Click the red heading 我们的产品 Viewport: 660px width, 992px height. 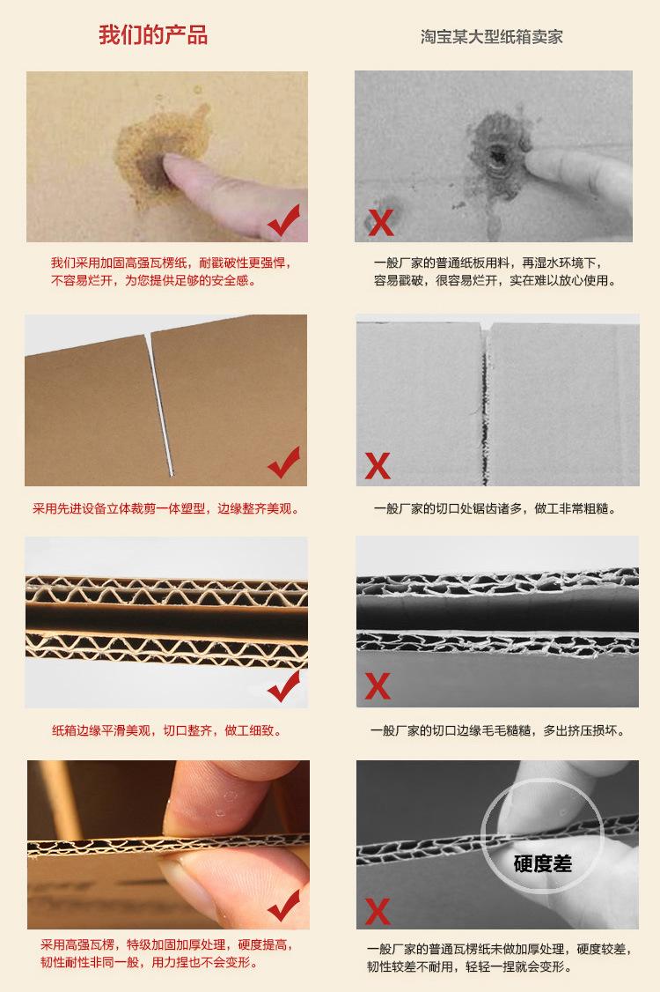(153, 36)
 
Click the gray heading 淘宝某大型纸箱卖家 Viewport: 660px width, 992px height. (492, 38)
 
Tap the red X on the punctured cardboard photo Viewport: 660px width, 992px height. (380, 223)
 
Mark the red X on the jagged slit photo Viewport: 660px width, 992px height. (378, 465)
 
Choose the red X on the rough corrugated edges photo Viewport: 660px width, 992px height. (378, 685)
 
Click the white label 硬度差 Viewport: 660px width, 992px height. (542, 862)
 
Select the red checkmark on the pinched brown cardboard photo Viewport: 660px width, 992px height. (283, 905)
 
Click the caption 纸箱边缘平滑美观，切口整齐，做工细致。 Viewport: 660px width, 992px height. (166, 730)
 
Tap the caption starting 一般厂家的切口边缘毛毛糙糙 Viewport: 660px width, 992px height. (498, 730)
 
